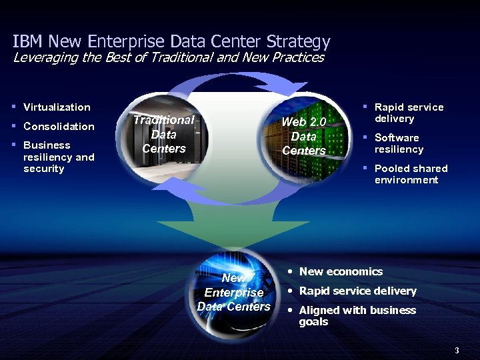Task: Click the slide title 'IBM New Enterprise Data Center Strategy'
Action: (x=171, y=41)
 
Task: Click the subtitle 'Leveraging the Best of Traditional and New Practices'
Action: (x=169, y=57)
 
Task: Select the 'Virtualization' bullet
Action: (x=57, y=107)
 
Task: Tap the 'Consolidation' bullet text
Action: (x=59, y=127)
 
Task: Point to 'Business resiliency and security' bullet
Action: (x=59, y=157)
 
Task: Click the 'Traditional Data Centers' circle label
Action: (x=164, y=134)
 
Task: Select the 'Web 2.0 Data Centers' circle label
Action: (x=304, y=136)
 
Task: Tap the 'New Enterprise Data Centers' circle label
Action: (x=234, y=292)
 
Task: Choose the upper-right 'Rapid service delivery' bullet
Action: (x=408, y=113)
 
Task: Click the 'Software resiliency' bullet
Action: (x=399, y=143)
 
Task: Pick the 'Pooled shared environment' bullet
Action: (x=410, y=174)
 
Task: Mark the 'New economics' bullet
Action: (x=341, y=271)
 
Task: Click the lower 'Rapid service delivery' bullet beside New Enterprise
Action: (x=357, y=291)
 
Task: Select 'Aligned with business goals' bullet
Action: (x=357, y=315)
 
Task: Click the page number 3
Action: (x=457, y=350)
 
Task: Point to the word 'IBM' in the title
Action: (x=26, y=41)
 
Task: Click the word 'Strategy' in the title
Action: (x=303, y=42)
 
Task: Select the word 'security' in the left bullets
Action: (x=44, y=169)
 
